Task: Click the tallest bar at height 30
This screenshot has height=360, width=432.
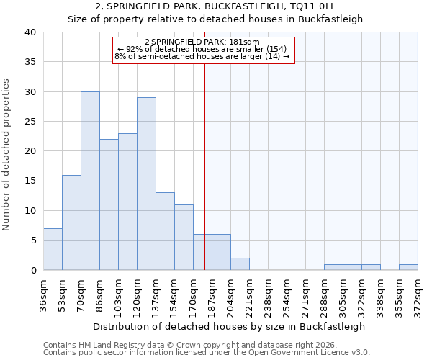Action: click(x=90, y=181)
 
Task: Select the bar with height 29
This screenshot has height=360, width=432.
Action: click(x=146, y=184)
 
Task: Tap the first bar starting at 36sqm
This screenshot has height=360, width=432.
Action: click(x=53, y=249)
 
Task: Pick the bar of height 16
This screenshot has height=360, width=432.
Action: click(x=71, y=222)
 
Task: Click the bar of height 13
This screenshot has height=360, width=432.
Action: click(x=165, y=231)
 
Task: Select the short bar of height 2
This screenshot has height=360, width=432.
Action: click(x=240, y=264)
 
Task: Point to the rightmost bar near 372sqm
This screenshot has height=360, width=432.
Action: click(x=408, y=267)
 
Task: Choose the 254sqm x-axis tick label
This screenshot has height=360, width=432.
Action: click(x=287, y=294)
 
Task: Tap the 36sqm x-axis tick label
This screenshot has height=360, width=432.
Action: click(x=44, y=294)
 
